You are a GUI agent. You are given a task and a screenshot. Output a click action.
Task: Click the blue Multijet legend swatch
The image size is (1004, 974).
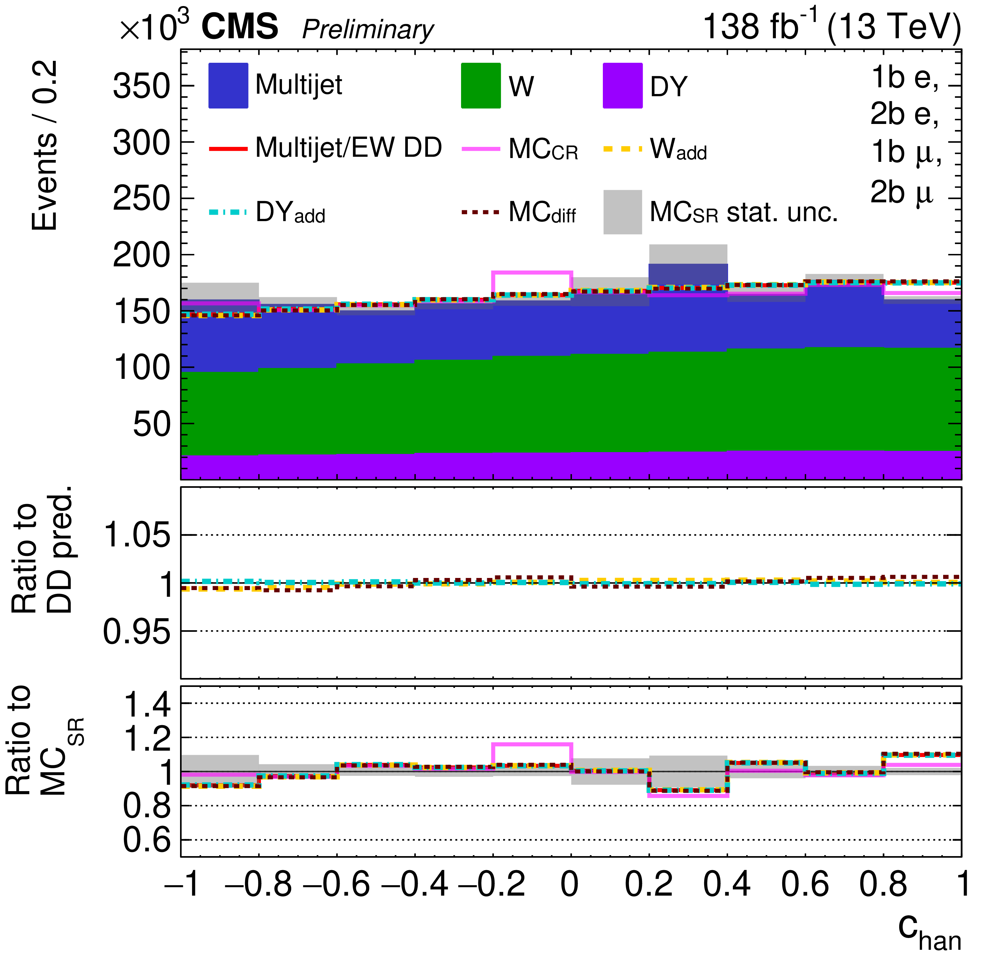(228, 85)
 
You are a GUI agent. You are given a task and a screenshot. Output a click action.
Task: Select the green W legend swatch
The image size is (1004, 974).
(480, 85)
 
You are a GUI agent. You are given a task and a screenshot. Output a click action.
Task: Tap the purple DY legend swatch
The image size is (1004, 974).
(622, 85)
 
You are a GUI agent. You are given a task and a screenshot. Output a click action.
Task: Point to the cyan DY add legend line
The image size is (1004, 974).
(228, 212)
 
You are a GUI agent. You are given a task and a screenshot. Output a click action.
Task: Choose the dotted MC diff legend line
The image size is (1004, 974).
(480, 212)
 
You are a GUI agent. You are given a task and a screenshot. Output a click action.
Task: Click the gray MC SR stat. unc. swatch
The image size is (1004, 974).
(622, 212)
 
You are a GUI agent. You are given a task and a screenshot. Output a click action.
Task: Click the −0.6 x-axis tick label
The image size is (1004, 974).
(336, 884)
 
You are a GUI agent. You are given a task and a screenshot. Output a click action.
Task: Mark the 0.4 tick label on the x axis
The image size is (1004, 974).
(726, 884)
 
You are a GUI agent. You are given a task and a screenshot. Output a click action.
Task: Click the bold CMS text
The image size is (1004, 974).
(240, 27)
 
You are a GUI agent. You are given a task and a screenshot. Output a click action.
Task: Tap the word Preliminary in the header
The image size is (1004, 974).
(368, 29)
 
